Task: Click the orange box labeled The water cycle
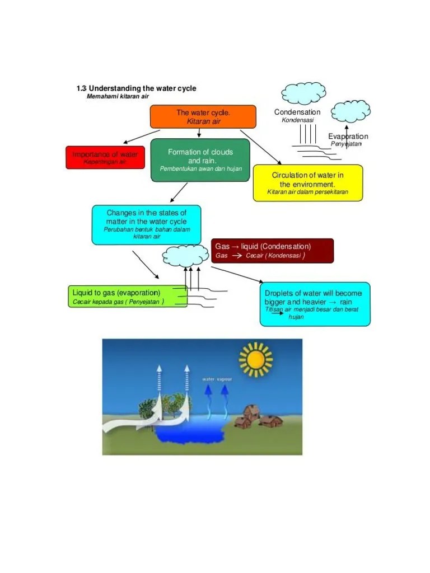(203, 116)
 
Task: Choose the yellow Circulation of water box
(307, 182)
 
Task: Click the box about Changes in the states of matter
(146, 224)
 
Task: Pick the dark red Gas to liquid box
(273, 251)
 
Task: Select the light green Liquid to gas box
(128, 297)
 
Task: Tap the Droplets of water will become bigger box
(315, 304)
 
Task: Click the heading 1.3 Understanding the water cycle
(136, 88)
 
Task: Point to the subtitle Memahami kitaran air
(118, 96)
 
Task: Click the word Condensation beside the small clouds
(297, 112)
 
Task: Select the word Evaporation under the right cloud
(348, 136)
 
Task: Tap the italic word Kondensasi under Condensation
(297, 120)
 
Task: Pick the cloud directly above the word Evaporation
(350, 112)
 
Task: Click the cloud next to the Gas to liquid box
(185, 256)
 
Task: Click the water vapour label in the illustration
(217, 379)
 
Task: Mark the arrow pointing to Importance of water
(138, 137)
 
